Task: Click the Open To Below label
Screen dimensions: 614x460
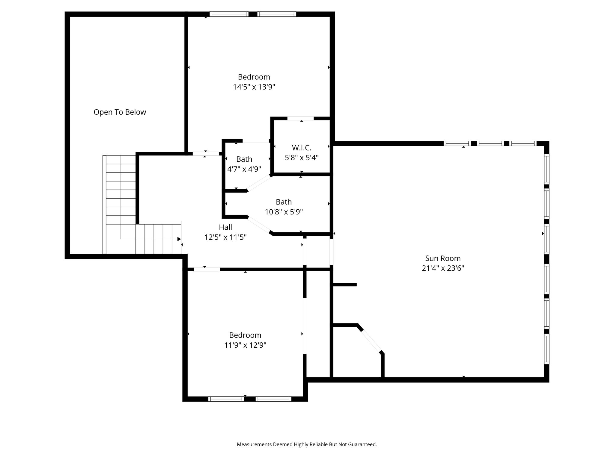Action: (120, 112)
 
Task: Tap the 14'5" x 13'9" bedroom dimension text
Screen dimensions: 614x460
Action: (254, 87)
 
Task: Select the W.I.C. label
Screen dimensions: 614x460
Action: (302, 148)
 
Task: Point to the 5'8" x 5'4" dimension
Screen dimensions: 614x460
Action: (302, 158)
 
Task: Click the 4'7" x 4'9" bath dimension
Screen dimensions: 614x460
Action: (244, 169)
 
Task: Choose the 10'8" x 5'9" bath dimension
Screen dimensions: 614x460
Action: (284, 212)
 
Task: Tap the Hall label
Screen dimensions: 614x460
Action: (225, 227)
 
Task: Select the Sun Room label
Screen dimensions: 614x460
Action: (443, 258)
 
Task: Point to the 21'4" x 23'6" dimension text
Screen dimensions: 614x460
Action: (443, 268)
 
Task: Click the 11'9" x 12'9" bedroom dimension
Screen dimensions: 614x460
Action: (245, 345)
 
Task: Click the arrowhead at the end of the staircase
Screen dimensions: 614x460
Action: (179, 239)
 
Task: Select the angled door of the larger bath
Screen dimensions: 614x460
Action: (259, 225)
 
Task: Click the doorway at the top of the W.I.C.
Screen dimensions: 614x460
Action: (300, 119)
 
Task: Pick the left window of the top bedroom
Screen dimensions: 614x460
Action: (229, 14)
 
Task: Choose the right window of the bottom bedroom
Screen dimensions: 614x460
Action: (273, 399)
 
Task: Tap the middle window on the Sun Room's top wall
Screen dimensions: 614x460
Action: (490, 143)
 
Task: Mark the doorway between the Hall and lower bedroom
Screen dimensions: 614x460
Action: (207, 270)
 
